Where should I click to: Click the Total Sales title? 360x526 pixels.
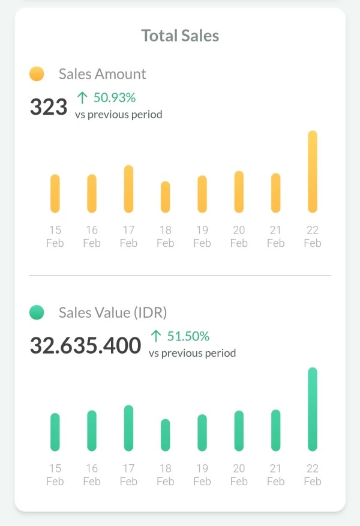click(180, 35)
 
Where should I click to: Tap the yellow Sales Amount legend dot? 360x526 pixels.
click(37, 74)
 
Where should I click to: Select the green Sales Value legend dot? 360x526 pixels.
click(37, 312)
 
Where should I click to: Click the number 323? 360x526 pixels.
click(49, 107)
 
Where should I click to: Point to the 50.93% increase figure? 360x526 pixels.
click(114, 97)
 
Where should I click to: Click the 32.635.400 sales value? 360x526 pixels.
click(85, 346)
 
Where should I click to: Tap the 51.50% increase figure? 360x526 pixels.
click(188, 336)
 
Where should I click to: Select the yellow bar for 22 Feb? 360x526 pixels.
click(313, 172)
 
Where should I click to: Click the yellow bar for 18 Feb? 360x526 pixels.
click(166, 197)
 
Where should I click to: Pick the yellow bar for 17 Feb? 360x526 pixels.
click(128, 189)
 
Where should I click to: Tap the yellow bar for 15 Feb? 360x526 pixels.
click(55, 193)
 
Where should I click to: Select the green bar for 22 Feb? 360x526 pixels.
click(313, 409)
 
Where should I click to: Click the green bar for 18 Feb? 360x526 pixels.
click(166, 435)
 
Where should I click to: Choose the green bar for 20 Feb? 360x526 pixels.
click(239, 431)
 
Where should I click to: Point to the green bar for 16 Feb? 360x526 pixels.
click(92, 431)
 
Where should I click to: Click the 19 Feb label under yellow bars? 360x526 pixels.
click(202, 237)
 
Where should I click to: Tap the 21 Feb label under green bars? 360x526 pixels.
click(276, 475)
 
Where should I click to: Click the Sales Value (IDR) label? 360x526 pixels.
click(113, 312)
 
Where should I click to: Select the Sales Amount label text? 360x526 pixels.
click(103, 74)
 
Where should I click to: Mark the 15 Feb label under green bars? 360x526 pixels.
click(55, 475)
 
